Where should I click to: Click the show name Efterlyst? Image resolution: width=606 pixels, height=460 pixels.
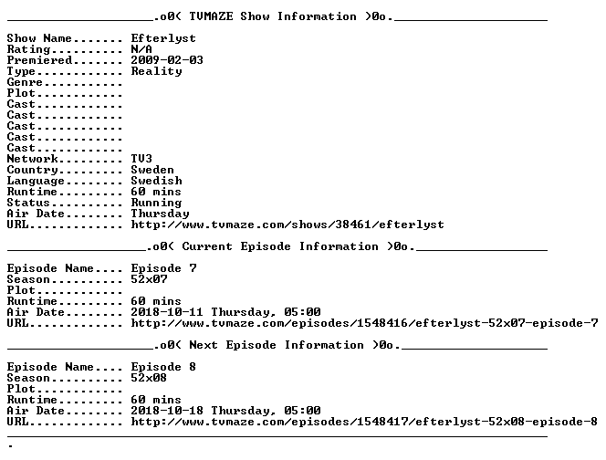(163, 38)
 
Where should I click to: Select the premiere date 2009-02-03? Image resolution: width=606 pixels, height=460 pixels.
(167, 60)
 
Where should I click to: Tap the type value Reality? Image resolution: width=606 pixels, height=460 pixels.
(156, 71)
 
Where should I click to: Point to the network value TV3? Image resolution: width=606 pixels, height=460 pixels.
(141, 159)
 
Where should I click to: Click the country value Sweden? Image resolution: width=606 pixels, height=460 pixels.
(152, 170)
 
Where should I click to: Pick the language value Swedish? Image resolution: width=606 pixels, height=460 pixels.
(156, 181)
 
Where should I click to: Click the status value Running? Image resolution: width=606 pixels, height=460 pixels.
(156, 203)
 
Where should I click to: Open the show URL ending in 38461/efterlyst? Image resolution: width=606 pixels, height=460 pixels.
(287, 225)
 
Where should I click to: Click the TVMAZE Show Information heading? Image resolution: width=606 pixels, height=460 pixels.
(273, 16)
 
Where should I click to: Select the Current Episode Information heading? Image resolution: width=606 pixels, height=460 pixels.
(280, 246)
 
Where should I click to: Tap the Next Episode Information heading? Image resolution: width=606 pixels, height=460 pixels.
(277, 345)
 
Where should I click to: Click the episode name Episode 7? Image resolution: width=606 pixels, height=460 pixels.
(163, 268)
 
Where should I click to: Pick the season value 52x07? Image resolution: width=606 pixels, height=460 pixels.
(149, 279)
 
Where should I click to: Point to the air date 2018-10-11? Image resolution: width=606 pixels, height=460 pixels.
(167, 312)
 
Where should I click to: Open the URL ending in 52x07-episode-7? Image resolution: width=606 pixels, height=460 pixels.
(364, 323)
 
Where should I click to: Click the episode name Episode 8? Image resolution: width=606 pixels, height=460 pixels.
(163, 367)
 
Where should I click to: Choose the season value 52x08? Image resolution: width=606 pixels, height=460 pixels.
(149, 378)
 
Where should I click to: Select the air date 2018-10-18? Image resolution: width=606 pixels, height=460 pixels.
(167, 411)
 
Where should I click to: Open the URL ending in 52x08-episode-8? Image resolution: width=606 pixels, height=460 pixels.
(364, 422)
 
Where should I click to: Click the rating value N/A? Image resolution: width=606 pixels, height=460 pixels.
(141, 49)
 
